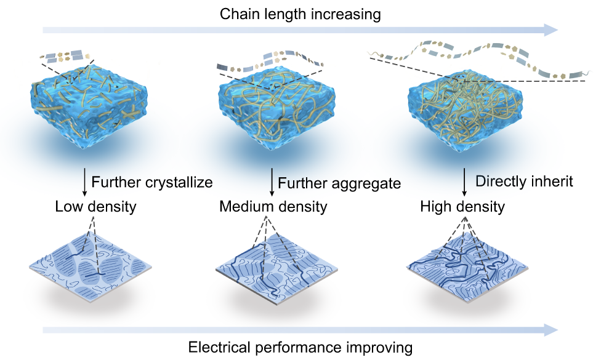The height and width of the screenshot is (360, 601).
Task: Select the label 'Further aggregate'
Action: pyautogui.click(x=339, y=183)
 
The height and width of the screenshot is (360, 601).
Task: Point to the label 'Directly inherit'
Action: pyautogui.click(x=525, y=182)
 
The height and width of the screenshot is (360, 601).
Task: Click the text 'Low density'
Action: pyautogui.click(x=95, y=206)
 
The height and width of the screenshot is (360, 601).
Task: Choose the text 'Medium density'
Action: pyautogui.click(x=273, y=206)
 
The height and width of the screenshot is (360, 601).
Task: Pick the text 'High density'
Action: pyautogui.click(x=462, y=206)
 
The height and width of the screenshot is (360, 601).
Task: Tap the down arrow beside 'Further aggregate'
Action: pyautogui.click(x=272, y=183)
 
